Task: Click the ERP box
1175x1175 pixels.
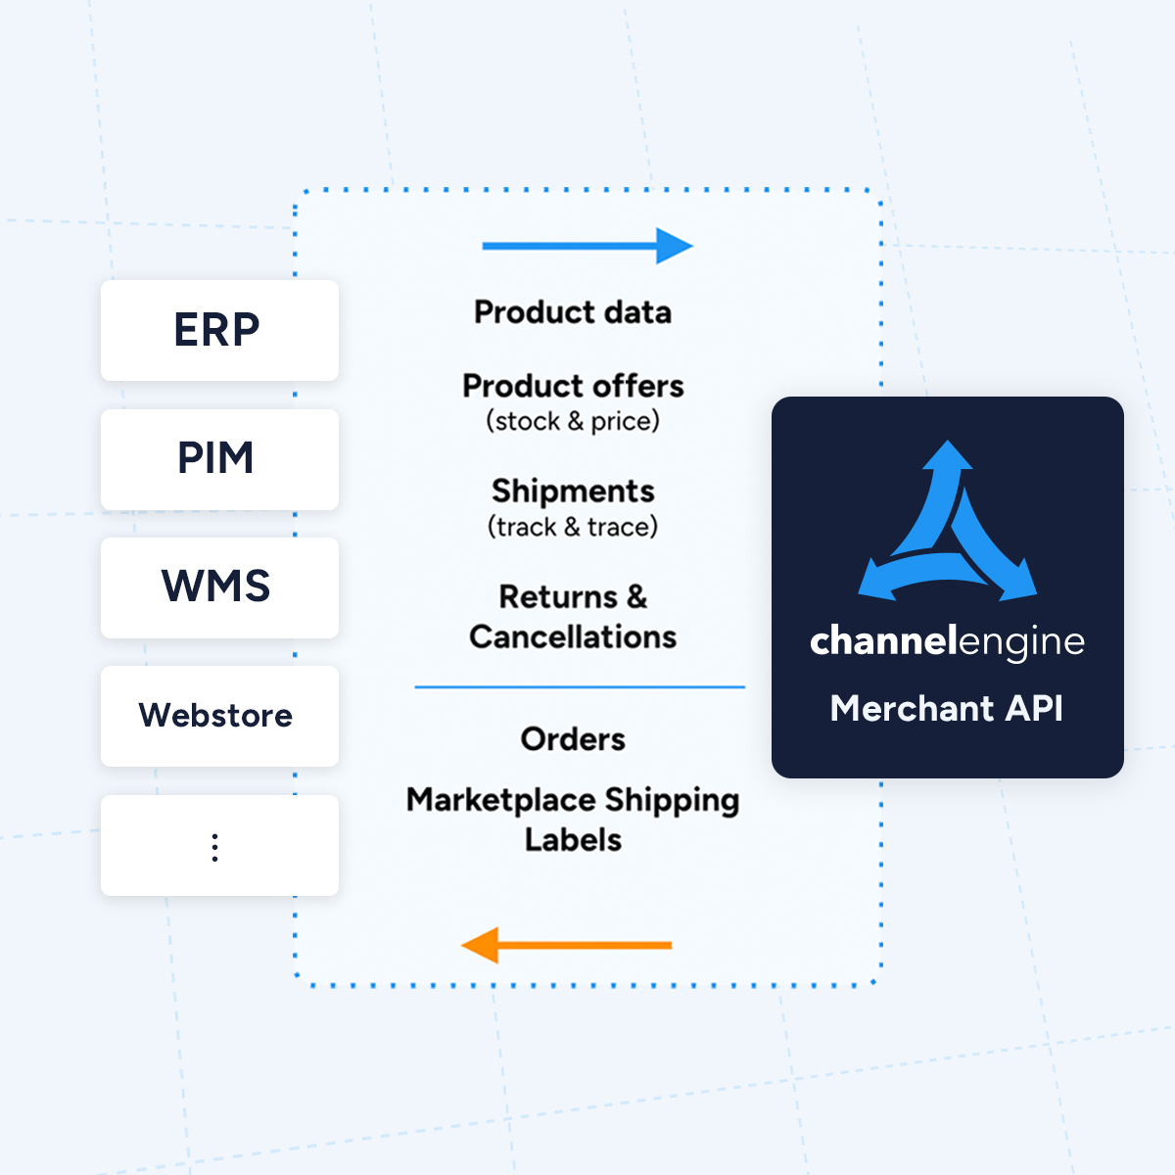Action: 219,330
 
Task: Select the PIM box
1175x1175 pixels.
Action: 219,459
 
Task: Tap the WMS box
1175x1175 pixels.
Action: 219,587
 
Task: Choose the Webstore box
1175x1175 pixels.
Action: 219,716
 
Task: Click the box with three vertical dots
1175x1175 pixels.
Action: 219,845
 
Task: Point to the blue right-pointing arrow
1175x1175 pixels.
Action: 587,246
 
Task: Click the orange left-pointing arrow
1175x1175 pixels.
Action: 567,945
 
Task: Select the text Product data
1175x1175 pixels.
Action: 573,312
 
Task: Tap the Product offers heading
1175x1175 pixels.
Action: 573,386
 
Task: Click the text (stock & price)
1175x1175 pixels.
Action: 573,421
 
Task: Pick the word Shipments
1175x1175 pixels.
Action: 573,491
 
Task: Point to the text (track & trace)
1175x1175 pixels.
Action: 573,527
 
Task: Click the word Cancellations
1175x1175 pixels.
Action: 573,637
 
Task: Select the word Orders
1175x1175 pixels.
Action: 573,739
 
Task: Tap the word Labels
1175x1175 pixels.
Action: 573,840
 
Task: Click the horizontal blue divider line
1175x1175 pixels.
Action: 580,687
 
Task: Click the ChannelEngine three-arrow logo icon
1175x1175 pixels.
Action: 947,524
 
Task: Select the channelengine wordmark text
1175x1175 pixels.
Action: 947,641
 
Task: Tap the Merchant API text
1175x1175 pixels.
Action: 947,708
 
